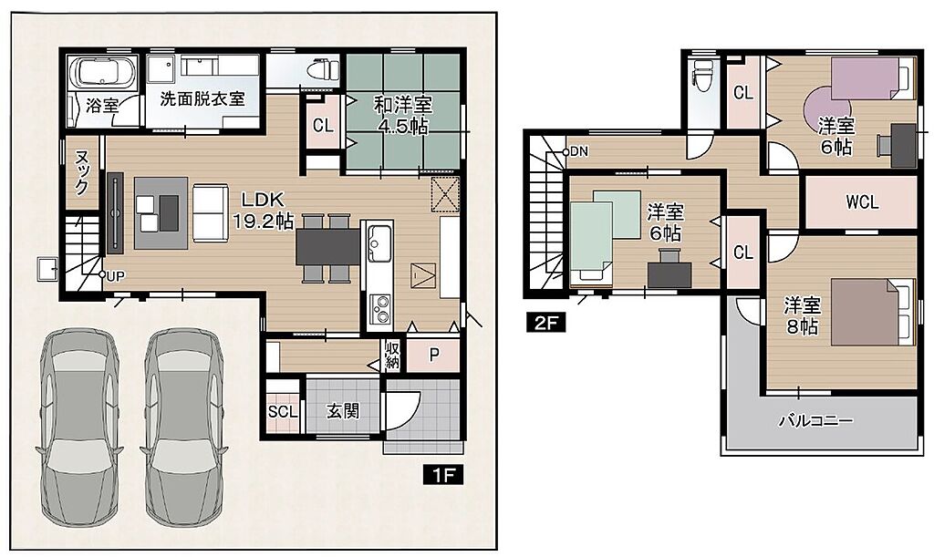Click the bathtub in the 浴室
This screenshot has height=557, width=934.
[103, 73]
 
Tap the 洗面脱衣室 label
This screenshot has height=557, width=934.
[202, 98]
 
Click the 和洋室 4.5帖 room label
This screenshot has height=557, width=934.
[403, 115]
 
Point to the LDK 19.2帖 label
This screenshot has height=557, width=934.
[262, 211]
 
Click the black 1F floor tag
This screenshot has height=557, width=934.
[444, 475]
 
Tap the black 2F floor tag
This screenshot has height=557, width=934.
[545, 323]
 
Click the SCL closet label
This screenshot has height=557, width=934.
[283, 411]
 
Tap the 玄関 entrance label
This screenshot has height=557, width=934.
[343, 410]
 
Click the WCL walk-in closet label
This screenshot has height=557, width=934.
[862, 202]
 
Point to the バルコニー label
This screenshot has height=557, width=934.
[816, 421]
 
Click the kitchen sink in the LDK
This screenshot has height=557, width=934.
[379, 242]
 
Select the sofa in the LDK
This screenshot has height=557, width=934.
[211, 212]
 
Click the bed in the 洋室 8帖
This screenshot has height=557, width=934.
[873, 312]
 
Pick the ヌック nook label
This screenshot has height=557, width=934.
[81, 172]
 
